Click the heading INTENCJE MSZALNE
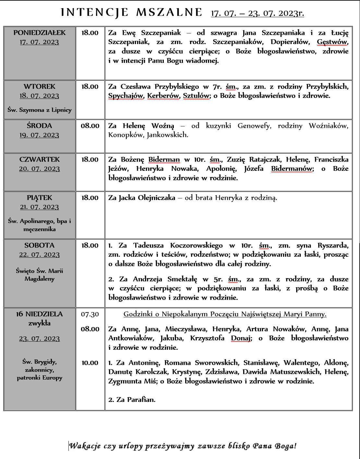tap(132, 12)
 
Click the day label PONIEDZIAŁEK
tap(40, 33)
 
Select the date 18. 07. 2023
tap(40, 96)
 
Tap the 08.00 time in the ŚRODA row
tap(90, 126)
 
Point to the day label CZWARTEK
tap(40, 159)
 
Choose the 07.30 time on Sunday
tap(90, 314)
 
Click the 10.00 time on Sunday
tap(90, 363)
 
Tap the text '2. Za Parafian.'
tap(132, 400)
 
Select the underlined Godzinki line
tap(225, 314)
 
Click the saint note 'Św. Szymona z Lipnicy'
tap(40, 110)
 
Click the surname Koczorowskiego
tap(197, 245)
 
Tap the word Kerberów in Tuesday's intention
tap(163, 96)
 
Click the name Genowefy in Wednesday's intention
tap(254, 126)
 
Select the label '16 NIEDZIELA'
tap(40, 314)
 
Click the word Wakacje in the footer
tap(85, 446)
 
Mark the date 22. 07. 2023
tap(40, 254)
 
